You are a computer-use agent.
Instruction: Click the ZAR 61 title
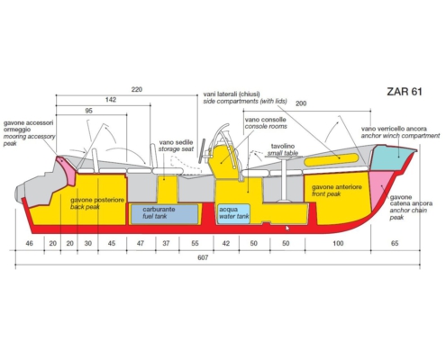point(405,91)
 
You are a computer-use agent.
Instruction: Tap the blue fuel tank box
point(165,214)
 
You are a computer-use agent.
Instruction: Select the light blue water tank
point(233,213)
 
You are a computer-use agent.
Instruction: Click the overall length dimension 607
point(203,257)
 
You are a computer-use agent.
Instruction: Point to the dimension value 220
point(137,89)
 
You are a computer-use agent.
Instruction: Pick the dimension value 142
point(111,100)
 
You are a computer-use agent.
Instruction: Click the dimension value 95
point(88,111)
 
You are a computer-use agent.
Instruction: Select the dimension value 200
point(301,103)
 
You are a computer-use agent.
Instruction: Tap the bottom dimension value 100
point(338,243)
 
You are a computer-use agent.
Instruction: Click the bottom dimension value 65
point(395,243)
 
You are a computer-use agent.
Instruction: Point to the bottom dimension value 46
point(29,243)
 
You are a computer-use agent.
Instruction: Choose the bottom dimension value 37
point(166,243)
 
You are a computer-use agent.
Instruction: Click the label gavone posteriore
point(97,200)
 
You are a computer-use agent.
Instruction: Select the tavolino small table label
point(283,149)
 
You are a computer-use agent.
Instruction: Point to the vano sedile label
point(176,146)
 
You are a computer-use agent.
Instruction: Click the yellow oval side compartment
point(332,160)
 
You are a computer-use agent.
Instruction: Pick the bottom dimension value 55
point(195,243)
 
